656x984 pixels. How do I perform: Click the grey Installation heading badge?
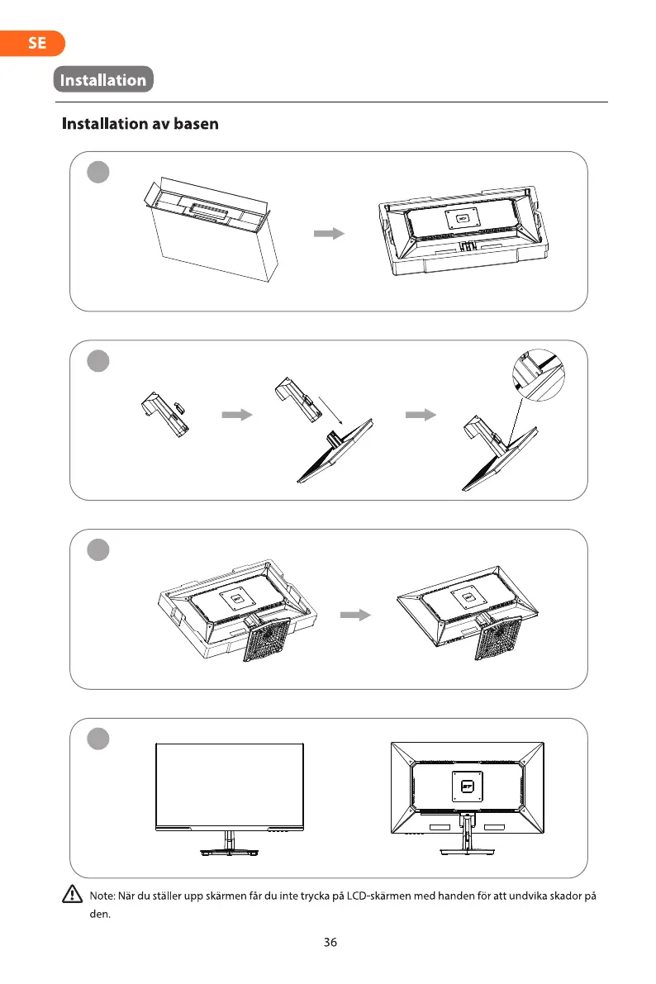(103, 80)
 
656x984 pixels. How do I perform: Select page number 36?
(330, 942)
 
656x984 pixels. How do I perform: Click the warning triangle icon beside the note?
(71, 895)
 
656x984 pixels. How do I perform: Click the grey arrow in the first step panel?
(329, 234)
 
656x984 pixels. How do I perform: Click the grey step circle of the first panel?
(99, 173)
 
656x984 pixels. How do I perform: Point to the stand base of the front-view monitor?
(229, 851)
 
